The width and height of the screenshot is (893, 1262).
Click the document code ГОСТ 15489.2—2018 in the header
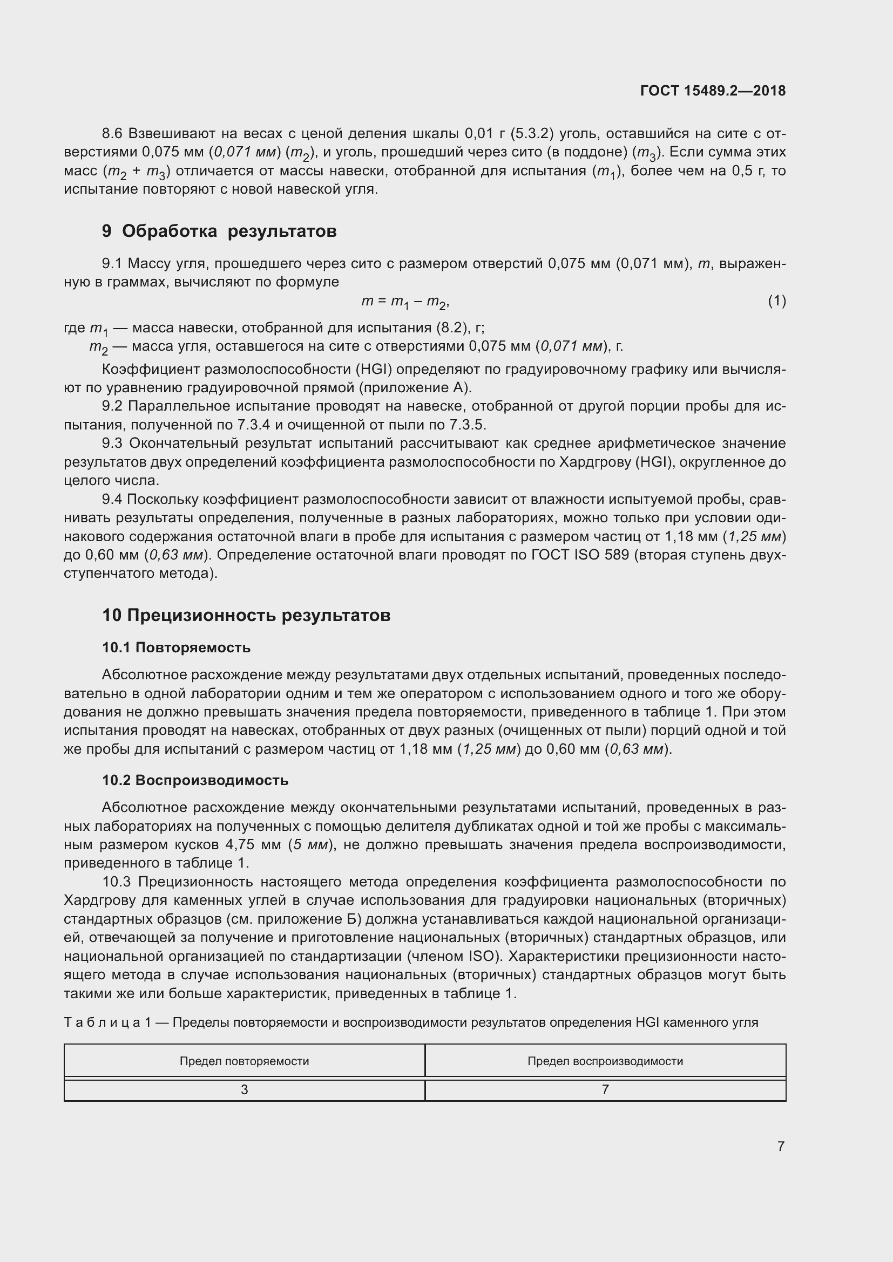click(x=713, y=91)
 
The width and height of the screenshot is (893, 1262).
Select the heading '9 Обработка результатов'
click(x=219, y=231)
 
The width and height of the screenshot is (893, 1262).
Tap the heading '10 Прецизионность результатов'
click(x=246, y=615)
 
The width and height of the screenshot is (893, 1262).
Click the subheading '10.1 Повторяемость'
click(x=176, y=647)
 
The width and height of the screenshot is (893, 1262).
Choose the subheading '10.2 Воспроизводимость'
click(x=195, y=781)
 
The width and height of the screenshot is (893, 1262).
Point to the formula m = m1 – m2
click(x=406, y=302)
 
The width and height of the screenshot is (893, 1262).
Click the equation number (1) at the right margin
click(x=776, y=301)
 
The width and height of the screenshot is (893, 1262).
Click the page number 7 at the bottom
click(x=781, y=1146)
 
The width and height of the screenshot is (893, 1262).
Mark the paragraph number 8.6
click(x=113, y=134)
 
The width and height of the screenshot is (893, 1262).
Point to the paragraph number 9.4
click(x=113, y=499)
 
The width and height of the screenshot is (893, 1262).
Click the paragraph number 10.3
click(x=117, y=882)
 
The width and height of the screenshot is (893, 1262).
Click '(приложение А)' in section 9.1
click(x=415, y=387)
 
